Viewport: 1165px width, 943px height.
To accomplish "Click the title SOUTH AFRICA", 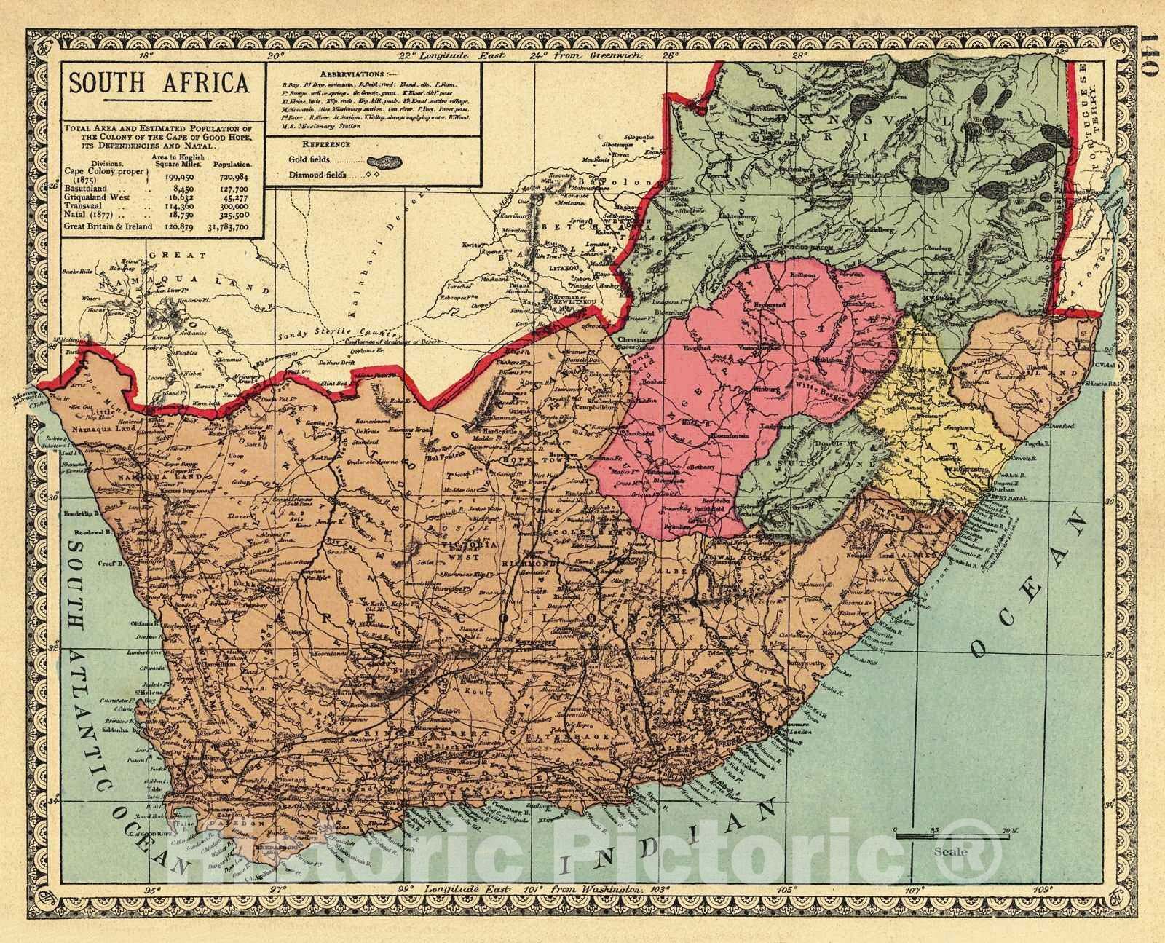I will click(159, 82).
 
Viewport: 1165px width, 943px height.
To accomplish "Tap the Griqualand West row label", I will click(99, 196).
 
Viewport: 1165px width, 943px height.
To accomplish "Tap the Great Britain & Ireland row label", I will click(109, 226).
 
